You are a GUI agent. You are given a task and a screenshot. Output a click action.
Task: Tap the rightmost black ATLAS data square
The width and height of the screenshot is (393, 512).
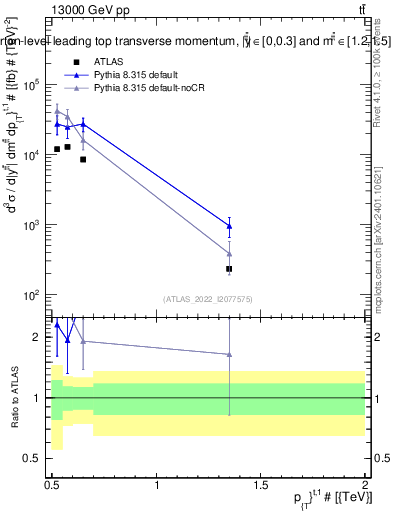point(230,269)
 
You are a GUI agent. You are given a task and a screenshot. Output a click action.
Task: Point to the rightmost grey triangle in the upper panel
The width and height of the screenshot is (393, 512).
point(230,254)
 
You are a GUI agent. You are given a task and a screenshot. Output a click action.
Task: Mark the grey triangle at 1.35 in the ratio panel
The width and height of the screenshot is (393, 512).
point(230,354)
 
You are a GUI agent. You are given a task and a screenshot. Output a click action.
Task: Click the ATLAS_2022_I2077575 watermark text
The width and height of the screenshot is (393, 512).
point(206,299)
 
